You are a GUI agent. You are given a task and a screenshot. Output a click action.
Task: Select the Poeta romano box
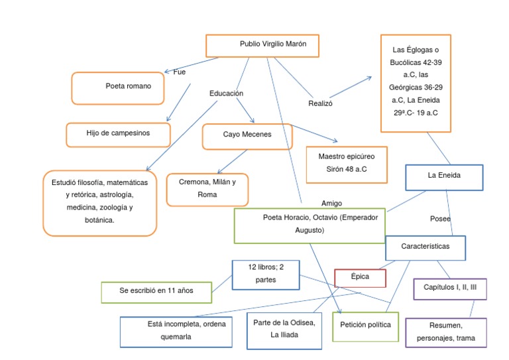pos(117,88)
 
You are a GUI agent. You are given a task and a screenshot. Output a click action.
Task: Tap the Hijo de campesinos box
pos(118,134)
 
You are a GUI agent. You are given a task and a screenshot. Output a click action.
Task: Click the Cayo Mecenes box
pos(247,136)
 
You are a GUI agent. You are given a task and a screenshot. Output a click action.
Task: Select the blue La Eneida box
pos(444,176)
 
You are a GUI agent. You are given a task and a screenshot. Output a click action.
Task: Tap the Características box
pos(425,247)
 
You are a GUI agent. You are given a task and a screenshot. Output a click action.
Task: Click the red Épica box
pos(361,277)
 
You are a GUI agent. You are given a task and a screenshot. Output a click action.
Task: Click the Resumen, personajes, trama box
pos(445,333)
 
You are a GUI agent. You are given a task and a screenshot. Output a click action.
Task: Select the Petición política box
pos(365,326)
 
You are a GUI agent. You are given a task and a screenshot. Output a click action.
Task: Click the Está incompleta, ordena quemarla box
pos(181,331)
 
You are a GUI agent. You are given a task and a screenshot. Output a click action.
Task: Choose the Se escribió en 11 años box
pos(156,292)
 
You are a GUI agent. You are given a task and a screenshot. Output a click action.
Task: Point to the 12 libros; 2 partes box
pos(265,274)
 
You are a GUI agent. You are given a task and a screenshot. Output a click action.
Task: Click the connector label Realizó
pos(320,104)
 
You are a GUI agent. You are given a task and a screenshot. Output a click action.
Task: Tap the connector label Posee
pos(440,219)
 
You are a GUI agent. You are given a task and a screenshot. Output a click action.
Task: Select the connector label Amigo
pos(331,204)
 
